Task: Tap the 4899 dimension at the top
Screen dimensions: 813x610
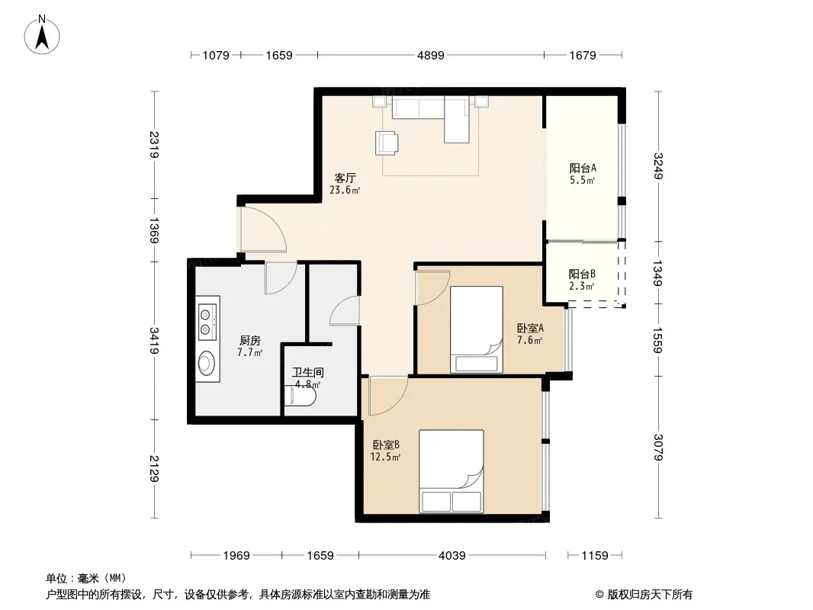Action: click(x=430, y=55)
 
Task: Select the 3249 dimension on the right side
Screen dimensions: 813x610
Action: click(x=658, y=166)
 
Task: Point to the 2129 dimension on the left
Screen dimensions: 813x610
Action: click(x=154, y=468)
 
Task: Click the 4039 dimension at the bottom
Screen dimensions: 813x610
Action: click(x=451, y=556)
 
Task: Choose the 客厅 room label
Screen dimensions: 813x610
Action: click(x=345, y=178)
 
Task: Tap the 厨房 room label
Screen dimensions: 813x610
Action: click(x=250, y=341)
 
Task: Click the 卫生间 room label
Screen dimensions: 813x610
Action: click(x=308, y=372)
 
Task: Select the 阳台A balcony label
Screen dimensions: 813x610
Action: click(x=582, y=168)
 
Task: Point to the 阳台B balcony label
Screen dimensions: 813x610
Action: click(x=582, y=274)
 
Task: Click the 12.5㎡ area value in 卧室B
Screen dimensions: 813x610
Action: click(x=385, y=457)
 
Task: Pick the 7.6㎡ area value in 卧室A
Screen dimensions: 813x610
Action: click(x=530, y=341)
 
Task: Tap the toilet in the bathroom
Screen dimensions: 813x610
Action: click(x=300, y=396)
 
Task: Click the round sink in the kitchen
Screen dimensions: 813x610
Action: click(x=207, y=362)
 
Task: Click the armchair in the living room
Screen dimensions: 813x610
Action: click(x=387, y=143)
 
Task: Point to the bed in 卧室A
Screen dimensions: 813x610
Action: click(x=477, y=329)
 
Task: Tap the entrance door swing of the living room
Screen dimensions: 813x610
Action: click(x=263, y=230)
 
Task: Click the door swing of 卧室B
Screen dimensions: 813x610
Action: click(x=388, y=396)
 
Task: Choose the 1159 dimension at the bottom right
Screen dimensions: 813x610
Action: click(x=594, y=556)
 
